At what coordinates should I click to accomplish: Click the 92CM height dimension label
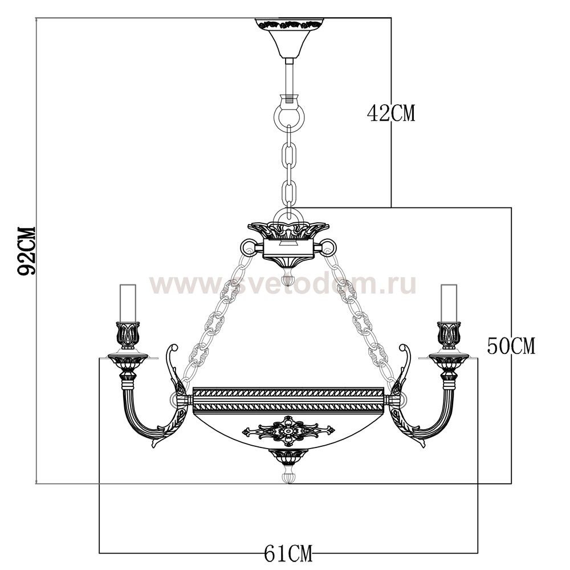click(27, 251)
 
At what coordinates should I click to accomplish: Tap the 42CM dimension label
click(391, 113)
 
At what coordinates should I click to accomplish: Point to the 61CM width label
click(288, 554)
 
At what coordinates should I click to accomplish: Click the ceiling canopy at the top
click(288, 38)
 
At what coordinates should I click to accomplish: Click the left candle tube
click(128, 304)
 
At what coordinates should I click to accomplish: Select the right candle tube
click(449, 304)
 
